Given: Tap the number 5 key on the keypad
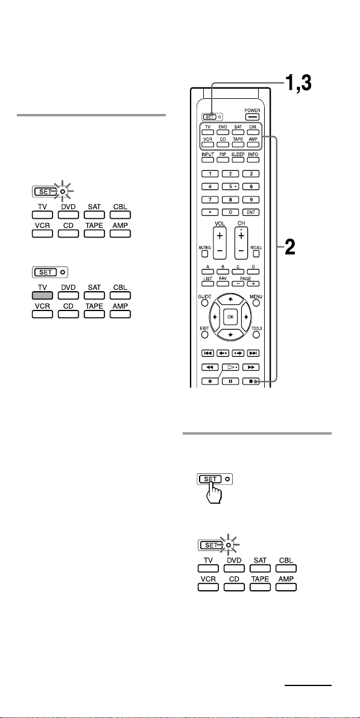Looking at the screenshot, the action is (x=230, y=186).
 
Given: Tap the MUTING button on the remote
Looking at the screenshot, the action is (x=205, y=253).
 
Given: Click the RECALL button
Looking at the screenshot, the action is (x=254, y=253).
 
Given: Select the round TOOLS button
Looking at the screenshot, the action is (x=256, y=335).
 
